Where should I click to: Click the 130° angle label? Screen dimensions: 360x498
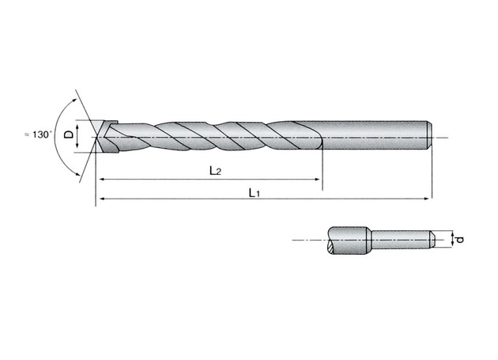click(39, 136)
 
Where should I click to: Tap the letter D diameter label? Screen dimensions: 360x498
click(68, 136)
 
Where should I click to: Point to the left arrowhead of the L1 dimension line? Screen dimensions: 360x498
click(99, 199)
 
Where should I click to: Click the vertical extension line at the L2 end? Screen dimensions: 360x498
click(323, 166)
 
